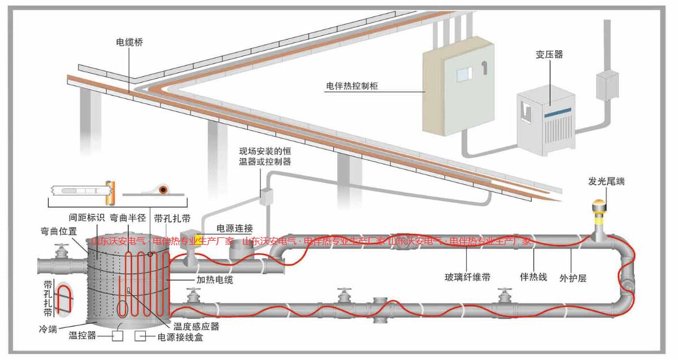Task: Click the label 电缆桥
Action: (129, 42)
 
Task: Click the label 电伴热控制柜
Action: (351, 86)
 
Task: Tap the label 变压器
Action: (549, 55)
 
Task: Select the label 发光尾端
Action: (606, 181)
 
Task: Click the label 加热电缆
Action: (215, 280)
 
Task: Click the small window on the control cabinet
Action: (463, 73)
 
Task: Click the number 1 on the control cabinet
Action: (484, 68)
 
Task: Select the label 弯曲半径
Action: (128, 218)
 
